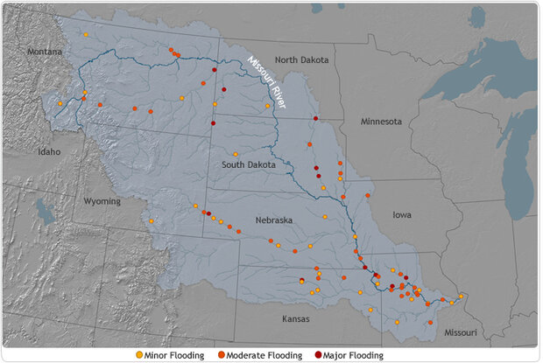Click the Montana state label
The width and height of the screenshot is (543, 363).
(x=44, y=52)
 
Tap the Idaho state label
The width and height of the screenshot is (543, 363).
(x=49, y=151)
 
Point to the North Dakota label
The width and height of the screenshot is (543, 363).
(x=301, y=59)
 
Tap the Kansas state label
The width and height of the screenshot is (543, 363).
(x=295, y=319)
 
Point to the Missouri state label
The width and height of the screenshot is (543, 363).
(x=459, y=332)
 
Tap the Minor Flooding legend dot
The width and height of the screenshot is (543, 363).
(x=139, y=355)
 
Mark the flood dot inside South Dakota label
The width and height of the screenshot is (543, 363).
(x=236, y=154)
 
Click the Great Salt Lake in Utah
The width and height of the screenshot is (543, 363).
(x=45, y=211)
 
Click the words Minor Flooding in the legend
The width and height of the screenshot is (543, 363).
(x=175, y=355)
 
